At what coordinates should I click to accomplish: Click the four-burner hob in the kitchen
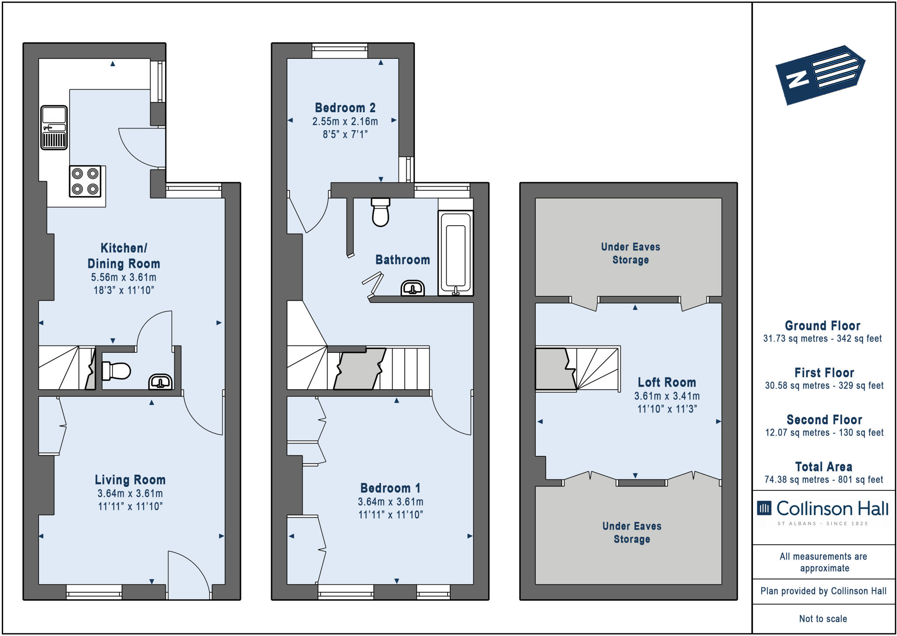[85, 181]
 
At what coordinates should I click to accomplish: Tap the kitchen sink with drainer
[54, 128]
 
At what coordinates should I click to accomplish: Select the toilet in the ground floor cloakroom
[117, 371]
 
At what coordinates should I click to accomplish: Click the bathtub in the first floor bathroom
[456, 253]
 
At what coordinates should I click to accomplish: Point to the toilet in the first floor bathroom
[380, 212]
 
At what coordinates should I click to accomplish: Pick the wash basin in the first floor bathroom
[413, 288]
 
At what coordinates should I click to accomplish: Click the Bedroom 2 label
[345, 108]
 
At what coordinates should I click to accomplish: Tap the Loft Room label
[667, 382]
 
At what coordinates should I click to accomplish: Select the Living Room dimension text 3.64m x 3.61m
[130, 494]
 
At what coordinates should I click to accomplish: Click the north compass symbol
[820, 75]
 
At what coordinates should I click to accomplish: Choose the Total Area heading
[823, 467]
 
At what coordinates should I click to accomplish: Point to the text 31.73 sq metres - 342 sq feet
[822, 339]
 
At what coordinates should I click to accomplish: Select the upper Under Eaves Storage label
[630, 253]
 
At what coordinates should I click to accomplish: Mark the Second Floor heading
[824, 420]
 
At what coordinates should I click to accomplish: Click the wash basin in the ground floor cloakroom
[160, 381]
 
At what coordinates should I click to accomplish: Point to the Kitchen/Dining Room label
[124, 256]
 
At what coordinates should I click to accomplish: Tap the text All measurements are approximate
[823, 562]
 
